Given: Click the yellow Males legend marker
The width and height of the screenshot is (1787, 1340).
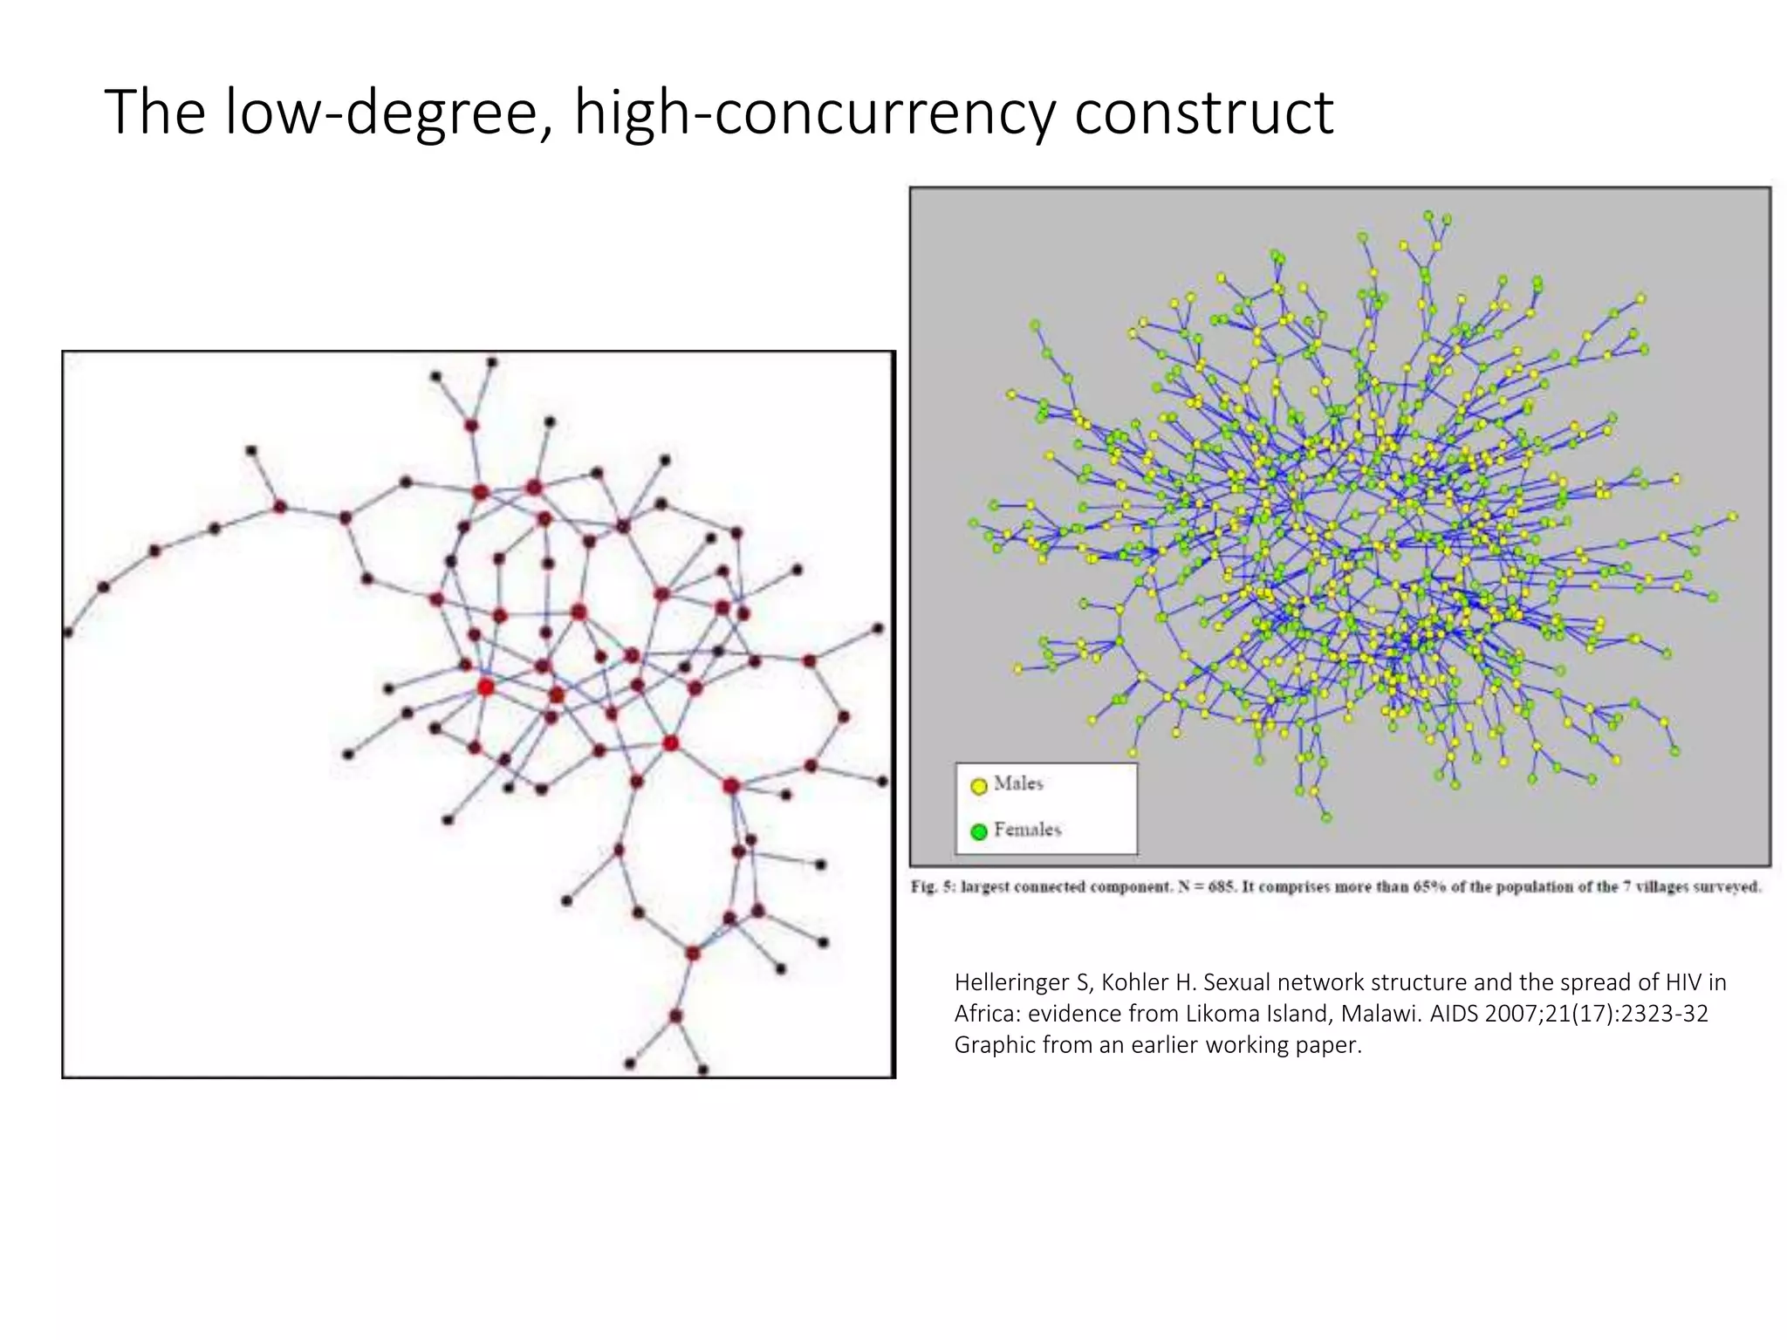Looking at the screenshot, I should click(x=979, y=785).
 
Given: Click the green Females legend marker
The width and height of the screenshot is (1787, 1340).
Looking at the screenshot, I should click(x=979, y=831).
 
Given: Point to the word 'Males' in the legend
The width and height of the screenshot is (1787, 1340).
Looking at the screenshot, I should click(x=1018, y=783).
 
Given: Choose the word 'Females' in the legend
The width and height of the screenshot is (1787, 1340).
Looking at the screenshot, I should click(x=1028, y=830).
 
